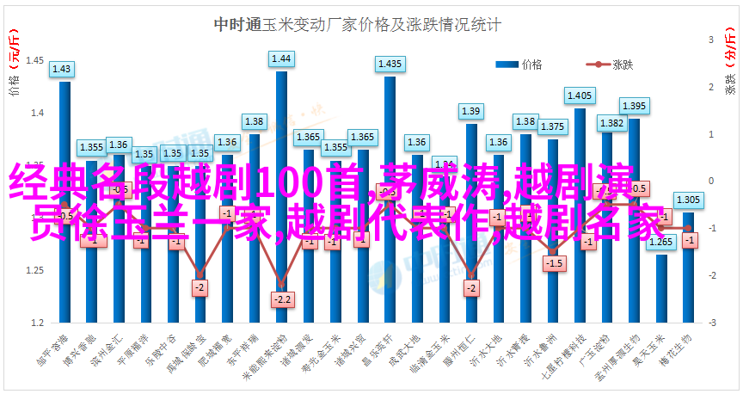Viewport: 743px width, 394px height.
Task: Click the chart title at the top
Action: pos(357,26)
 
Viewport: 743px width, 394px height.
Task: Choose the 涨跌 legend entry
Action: pos(612,64)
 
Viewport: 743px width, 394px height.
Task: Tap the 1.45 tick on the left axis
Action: pos(34,61)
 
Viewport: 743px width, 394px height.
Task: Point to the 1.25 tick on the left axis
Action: pos(34,270)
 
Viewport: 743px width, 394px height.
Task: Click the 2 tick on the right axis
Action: pos(712,88)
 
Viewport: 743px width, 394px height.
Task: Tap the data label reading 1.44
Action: pos(281,59)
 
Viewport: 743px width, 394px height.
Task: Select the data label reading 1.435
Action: pos(390,64)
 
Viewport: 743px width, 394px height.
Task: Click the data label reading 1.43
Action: pos(62,69)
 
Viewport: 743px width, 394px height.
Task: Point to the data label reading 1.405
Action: pos(580,95)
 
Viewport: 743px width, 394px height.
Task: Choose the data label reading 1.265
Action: pos(660,242)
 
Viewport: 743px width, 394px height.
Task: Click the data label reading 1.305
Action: pos(688,200)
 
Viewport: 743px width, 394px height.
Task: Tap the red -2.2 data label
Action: pos(281,299)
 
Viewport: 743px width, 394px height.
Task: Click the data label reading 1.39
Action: pos(470,111)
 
